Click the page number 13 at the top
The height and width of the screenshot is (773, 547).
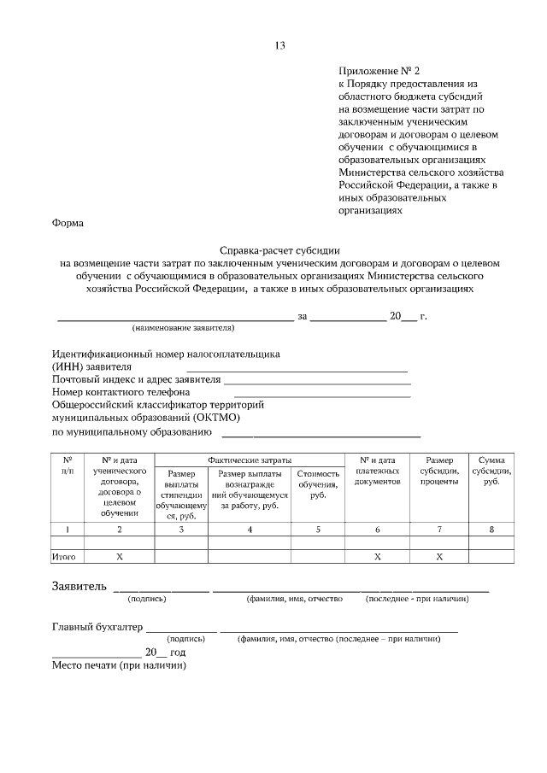(279, 45)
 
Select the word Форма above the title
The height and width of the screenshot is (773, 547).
(68, 223)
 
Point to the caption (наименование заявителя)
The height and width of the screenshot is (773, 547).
(183, 327)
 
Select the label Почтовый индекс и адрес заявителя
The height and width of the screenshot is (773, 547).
(136, 379)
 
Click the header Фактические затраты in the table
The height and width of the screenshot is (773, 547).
(250, 460)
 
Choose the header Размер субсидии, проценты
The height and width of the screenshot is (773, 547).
(439, 471)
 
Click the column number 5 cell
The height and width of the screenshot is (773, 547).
(318, 529)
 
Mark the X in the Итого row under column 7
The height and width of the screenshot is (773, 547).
(439, 556)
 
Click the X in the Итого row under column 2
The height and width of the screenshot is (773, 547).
(120, 556)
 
